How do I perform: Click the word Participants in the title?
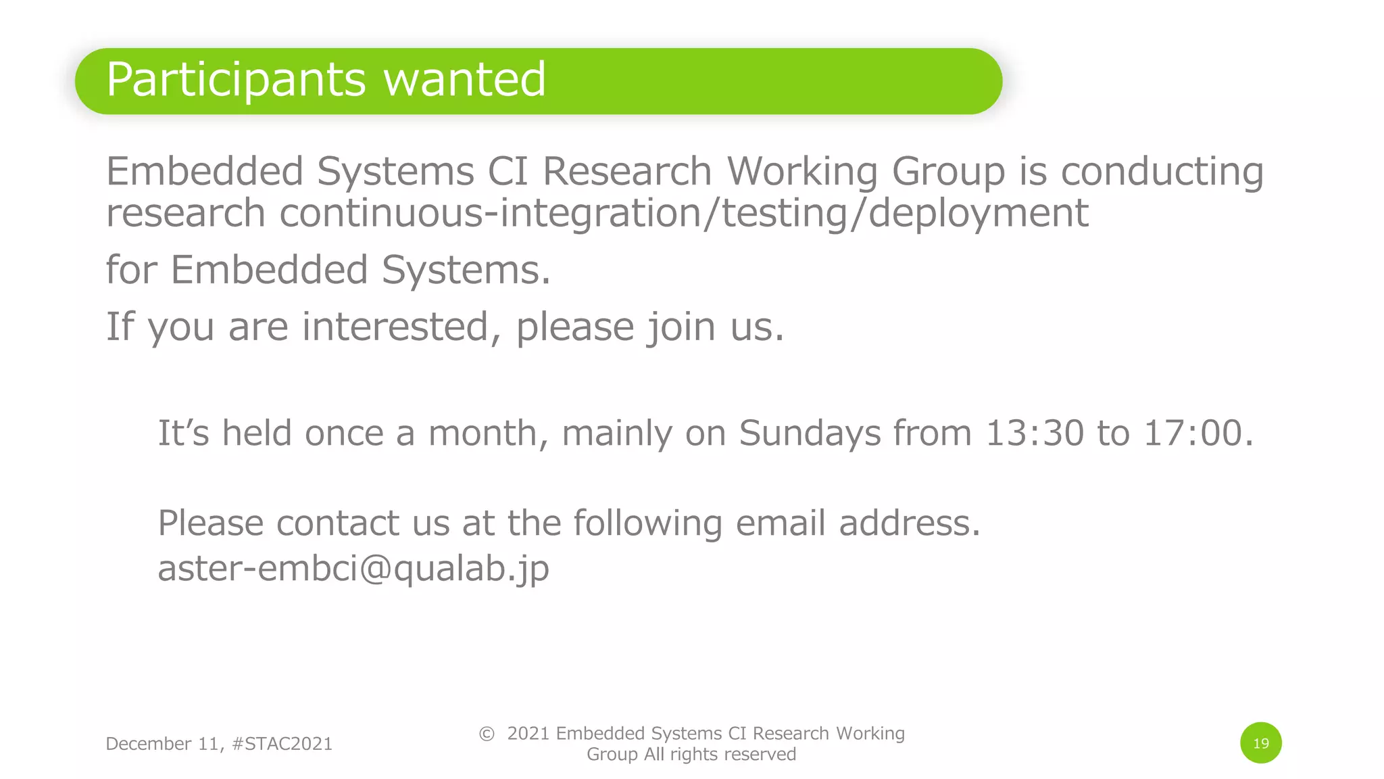236,80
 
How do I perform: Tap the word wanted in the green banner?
464,79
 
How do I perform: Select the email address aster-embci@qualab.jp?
353,568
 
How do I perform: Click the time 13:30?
1035,433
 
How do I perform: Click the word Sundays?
810,433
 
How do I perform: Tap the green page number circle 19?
1260,743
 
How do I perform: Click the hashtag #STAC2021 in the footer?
282,744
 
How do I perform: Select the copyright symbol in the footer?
487,734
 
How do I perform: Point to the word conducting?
1162,172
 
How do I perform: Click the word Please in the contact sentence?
211,523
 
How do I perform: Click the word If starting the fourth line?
120,327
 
